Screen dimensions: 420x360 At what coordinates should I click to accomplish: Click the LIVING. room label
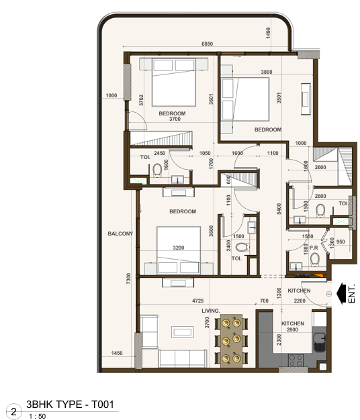coord(211,311)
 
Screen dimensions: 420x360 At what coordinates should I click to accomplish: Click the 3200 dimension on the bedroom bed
coord(178,248)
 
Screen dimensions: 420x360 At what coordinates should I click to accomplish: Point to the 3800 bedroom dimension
coord(266,72)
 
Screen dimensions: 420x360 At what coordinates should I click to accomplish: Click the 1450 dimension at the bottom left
coord(117,353)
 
